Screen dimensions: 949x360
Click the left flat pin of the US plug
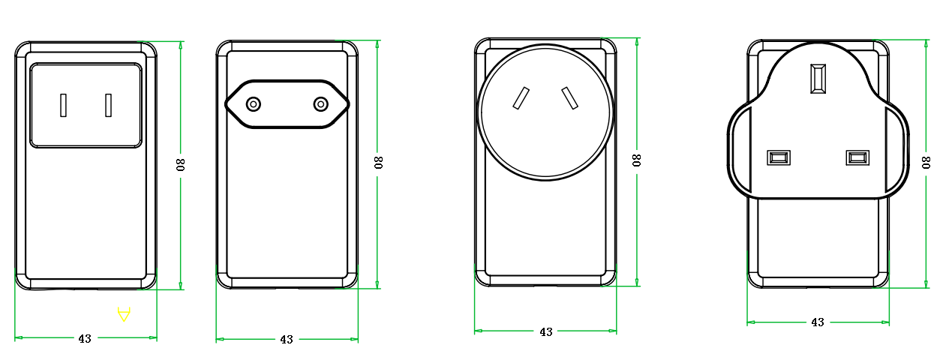(63, 105)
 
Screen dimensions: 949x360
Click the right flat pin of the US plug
(109, 105)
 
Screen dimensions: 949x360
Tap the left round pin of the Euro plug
(254, 104)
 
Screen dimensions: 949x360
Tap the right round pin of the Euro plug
(321, 104)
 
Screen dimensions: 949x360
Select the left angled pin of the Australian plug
(521, 98)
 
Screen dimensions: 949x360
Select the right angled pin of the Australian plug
(570, 98)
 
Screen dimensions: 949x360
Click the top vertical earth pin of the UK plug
(818, 78)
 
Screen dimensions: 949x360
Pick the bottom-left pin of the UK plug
(779, 158)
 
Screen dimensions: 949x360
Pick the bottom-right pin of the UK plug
(857, 158)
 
